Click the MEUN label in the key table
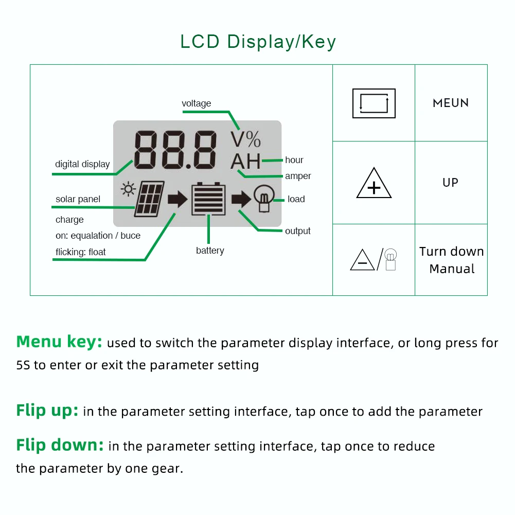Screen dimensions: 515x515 451,103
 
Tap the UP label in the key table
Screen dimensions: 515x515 450,182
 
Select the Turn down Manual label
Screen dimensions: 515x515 452,260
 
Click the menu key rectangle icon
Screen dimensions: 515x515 374,103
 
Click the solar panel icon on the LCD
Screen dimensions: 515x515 149,199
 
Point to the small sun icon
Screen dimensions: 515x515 128,189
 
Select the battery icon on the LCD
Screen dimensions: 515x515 208,199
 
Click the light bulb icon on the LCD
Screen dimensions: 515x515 264,198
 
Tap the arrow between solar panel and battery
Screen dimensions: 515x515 177,199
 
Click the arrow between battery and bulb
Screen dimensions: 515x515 241,199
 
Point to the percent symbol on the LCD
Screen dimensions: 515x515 253,139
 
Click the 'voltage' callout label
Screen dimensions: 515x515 197,103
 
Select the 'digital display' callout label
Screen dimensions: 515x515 82,164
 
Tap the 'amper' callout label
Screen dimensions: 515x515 298,176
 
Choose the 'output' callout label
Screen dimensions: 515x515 297,231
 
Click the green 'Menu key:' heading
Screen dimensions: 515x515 59,342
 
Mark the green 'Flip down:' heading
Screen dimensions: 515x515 60,446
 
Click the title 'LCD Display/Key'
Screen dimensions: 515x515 258,42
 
